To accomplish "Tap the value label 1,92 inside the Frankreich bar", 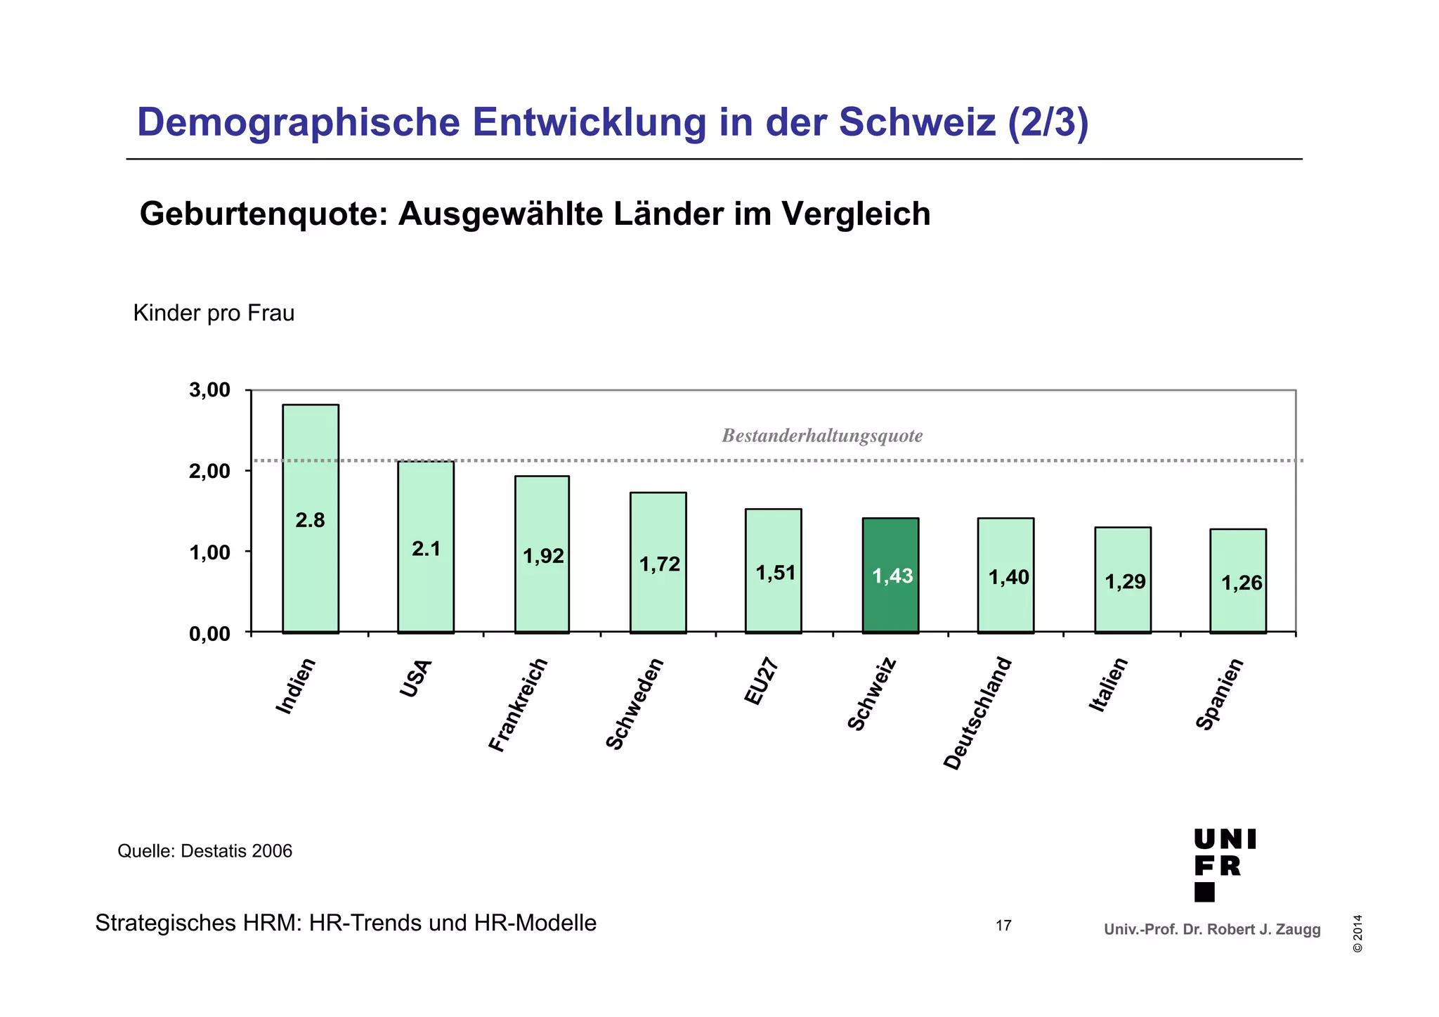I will [x=543, y=557].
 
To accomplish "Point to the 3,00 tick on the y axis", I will [x=209, y=390].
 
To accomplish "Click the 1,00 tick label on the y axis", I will [x=209, y=552].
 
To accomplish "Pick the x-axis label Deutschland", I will [x=977, y=713].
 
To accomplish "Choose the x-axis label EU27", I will [x=760, y=682].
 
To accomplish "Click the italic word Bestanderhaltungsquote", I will [x=822, y=436].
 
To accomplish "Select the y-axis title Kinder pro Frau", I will [x=214, y=313].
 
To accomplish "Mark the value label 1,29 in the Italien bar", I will [x=1125, y=582].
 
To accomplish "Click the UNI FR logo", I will [x=1224, y=864].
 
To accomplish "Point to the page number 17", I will [x=1003, y=926].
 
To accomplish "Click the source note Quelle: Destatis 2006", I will [x=204, y=851].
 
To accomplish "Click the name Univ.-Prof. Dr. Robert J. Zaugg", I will [x=1212, y=930].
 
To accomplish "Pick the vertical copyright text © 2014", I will [x=1357, y=933].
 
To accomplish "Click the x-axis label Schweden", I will [x=634, y=704].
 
